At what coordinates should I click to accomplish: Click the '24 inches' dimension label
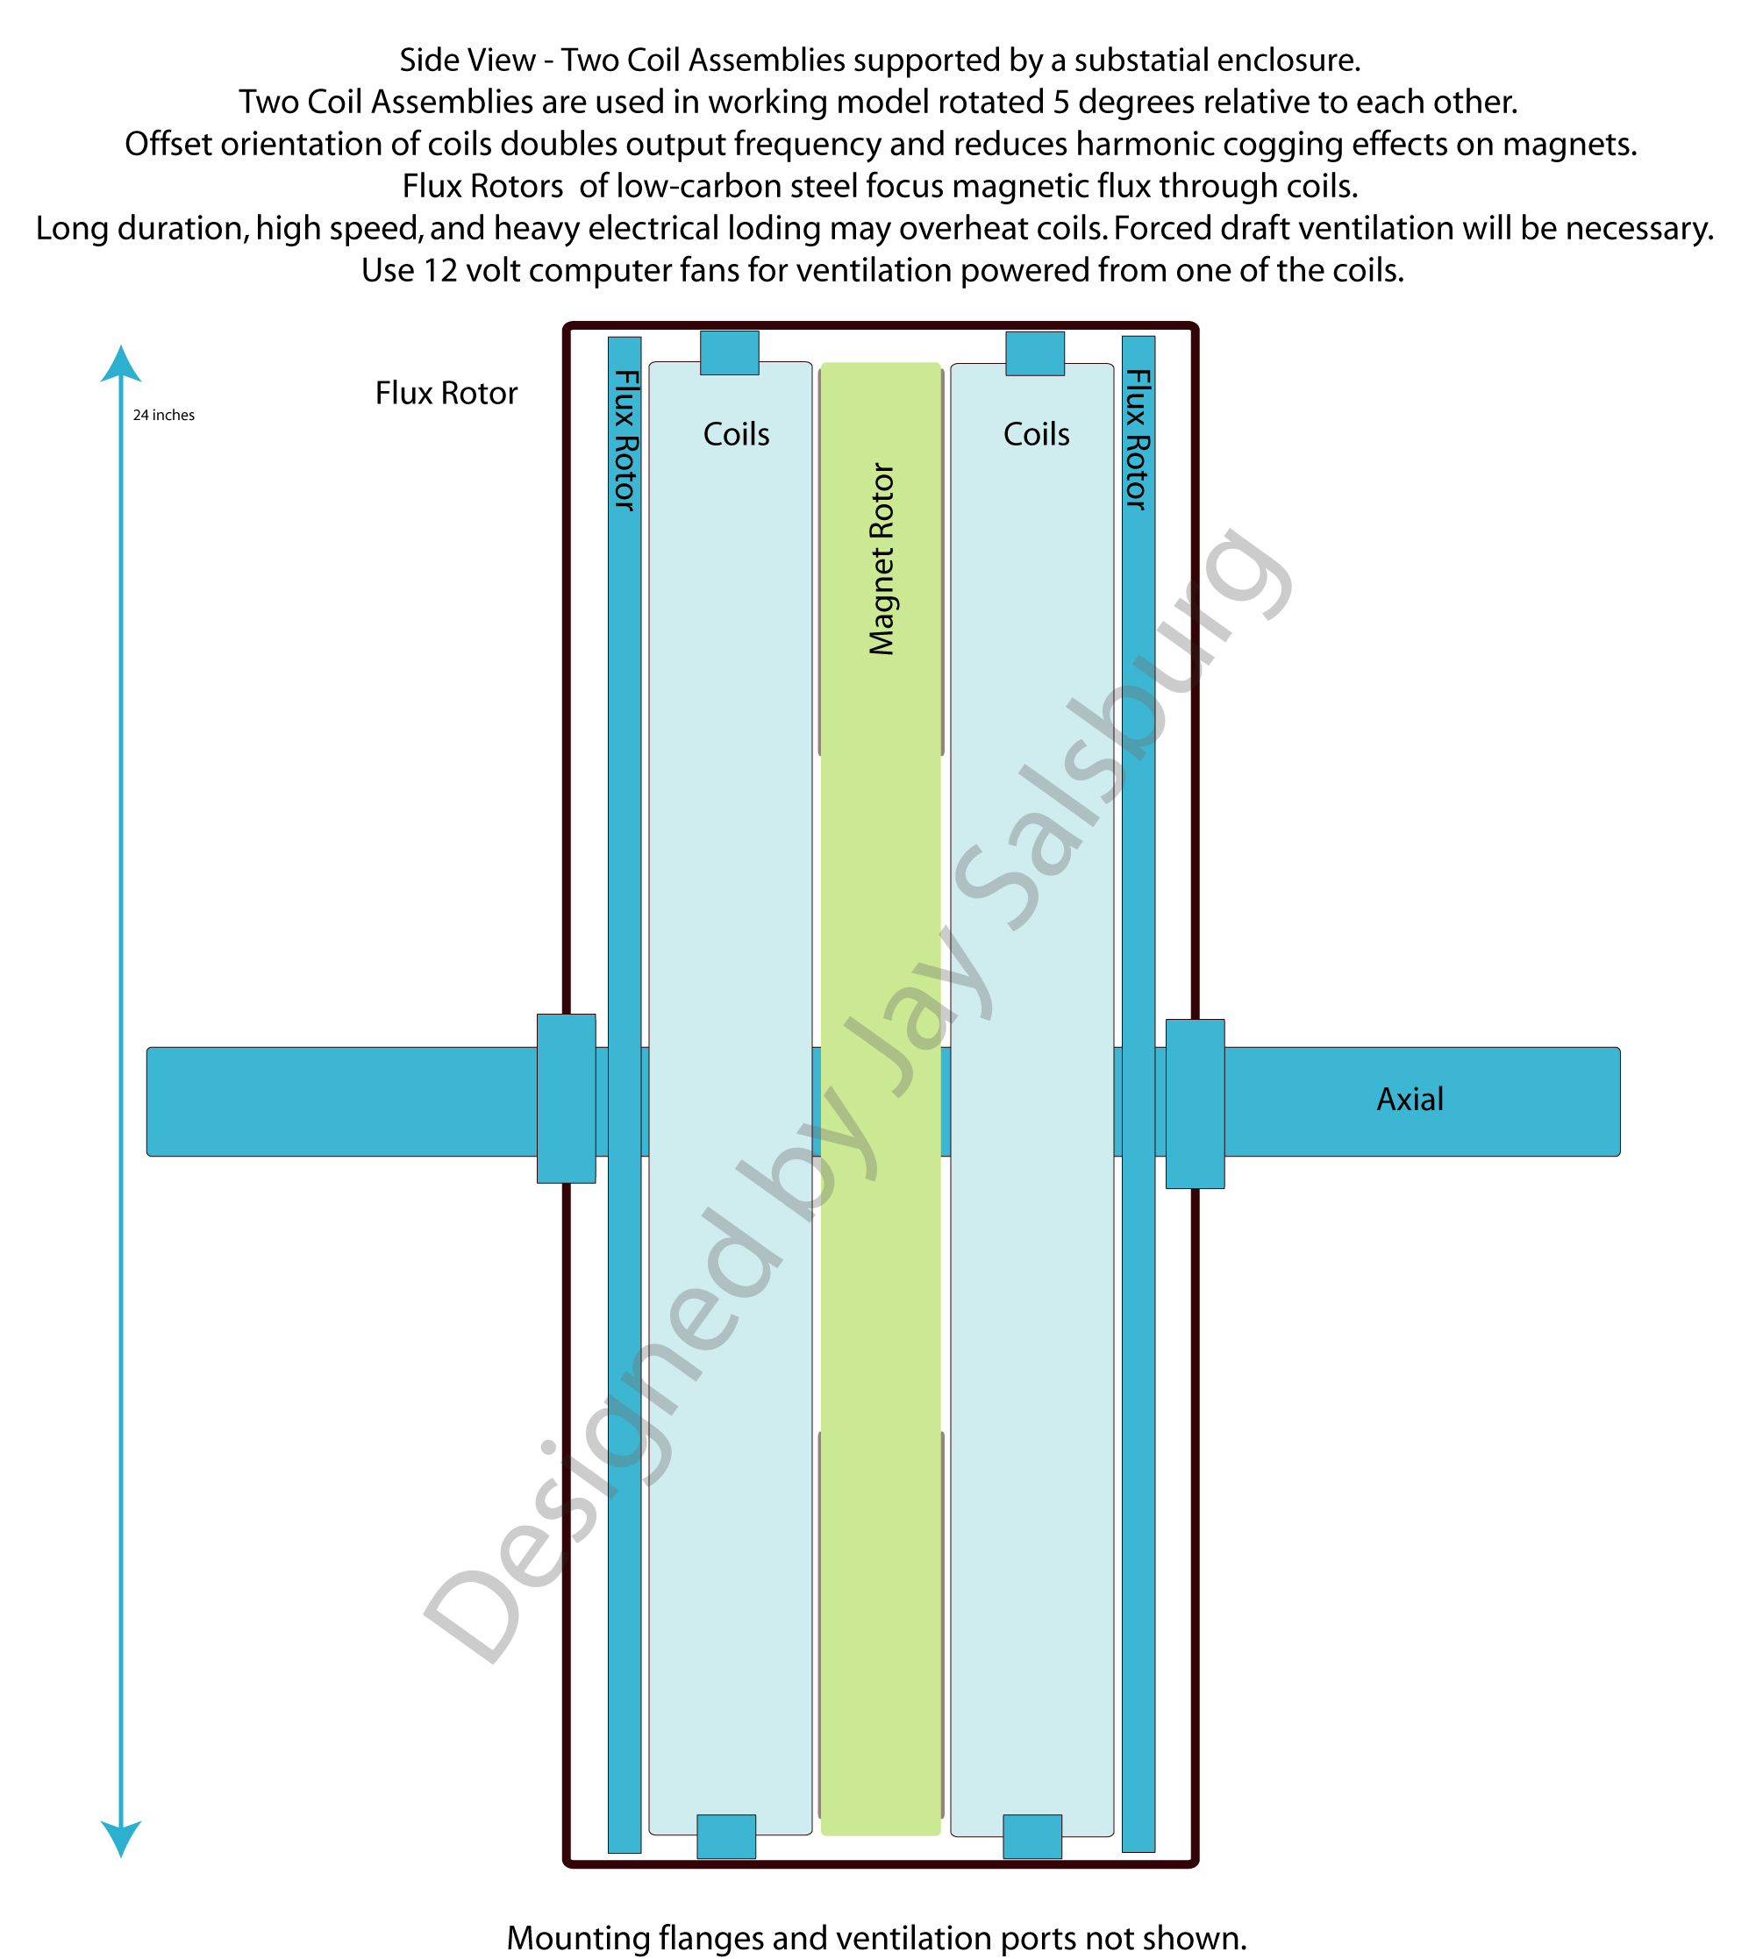(x=164, y=416)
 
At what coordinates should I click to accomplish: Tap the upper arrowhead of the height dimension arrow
(x=121, y=364)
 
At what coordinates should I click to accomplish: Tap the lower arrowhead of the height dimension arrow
(x=121, y=1838)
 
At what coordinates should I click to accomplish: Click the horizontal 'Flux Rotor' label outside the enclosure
(x=446, y=393)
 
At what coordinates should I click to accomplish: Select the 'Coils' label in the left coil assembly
(x=736, y=434)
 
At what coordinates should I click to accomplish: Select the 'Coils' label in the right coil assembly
(x=1037, y=434)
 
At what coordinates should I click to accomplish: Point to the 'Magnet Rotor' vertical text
(x=881, y=559)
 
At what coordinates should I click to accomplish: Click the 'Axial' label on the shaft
(x=1410, y=1099)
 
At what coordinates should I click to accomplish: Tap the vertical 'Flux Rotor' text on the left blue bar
(x=625, y=439)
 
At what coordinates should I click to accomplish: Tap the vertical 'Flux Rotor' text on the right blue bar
(x=1138, y=439)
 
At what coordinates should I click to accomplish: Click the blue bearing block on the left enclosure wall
(x=567, y=1098)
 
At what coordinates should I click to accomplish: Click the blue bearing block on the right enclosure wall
(x=1196, y=1104)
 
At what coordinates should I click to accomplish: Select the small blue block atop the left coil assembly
(x=730, y=353)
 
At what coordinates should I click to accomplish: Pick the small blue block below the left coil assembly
(x=726, y=1837)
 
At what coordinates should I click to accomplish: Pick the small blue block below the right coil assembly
(x=1032, y=1837)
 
